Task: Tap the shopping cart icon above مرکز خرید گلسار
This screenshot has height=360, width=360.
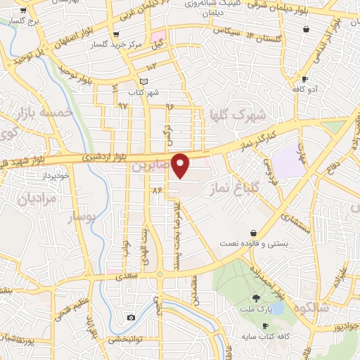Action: (x=116, y=33)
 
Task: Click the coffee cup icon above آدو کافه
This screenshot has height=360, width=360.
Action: (x=304, y=79)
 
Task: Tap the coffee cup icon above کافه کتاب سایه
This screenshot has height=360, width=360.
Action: (x=265, y=326)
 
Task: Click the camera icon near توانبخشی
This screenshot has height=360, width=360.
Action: (x=131, y=318)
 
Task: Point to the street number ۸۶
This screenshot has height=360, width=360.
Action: (x=156, y=190)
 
